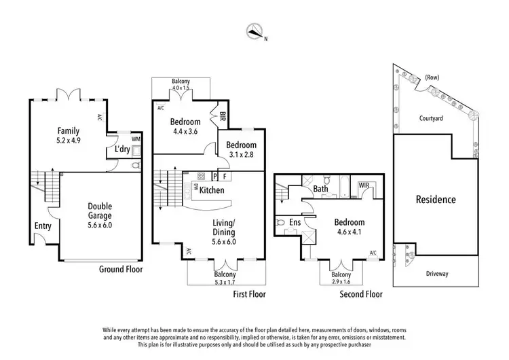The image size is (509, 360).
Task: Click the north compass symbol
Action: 254,31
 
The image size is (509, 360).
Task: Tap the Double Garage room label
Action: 100,211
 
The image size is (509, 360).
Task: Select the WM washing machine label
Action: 136,139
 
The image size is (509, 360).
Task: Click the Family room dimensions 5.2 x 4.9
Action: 69,141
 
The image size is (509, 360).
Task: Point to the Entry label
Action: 43,226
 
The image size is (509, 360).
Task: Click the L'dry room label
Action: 122,149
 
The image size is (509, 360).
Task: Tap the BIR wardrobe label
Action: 223,116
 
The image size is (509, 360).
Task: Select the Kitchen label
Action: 212,190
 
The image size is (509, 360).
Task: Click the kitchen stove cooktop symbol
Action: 202,177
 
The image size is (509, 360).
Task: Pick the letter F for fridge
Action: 225,177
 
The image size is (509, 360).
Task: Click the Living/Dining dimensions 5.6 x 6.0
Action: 224,242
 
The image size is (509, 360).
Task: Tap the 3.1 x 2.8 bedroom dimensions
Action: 241,155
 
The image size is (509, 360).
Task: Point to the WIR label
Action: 364,185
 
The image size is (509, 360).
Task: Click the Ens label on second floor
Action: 295,222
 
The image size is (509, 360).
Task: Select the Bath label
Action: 320,189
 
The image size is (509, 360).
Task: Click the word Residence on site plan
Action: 436,200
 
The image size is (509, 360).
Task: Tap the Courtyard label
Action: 431,118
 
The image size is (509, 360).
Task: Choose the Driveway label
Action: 437,274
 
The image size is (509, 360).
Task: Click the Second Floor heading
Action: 361,294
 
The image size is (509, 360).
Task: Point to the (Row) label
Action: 432,77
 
